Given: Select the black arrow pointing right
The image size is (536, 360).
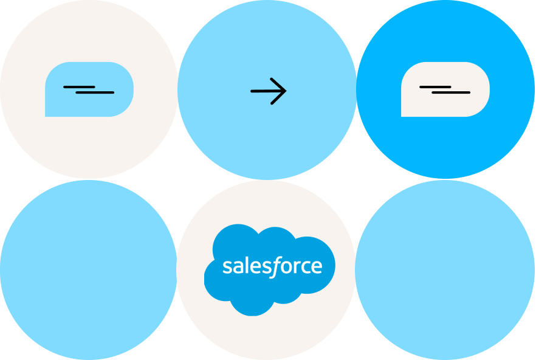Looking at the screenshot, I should click(x=268, y=91).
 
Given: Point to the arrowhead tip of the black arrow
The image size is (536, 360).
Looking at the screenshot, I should click(x=285, y=91).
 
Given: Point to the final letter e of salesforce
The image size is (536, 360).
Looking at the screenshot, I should click(x=316, y=268).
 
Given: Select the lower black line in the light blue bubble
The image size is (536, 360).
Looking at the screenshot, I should click(x=95, y=92).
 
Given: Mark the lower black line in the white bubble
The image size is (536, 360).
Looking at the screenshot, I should click(x=451, y=92).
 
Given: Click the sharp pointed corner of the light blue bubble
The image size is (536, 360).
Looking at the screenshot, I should click(x=47, y=115).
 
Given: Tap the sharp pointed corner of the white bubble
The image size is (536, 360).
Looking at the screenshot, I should click(x=403, y=115).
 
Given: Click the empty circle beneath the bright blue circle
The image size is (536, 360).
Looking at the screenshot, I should click(x=445, y=269).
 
